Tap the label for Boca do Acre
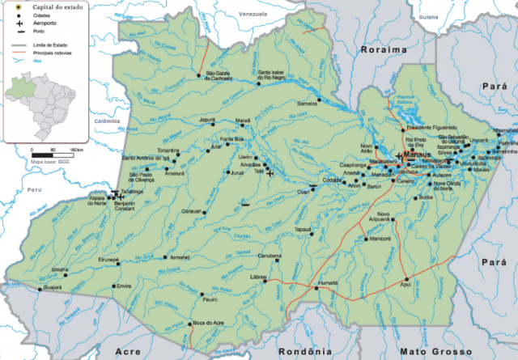click(206, 322)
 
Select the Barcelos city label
click(308, 104)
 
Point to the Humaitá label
click(329, 283)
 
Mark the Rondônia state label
click(304, 352)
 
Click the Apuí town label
click(406, 286)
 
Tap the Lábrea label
click(259, 277)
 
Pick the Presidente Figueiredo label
click(432, 127)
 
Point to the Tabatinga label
click(134, 191)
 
